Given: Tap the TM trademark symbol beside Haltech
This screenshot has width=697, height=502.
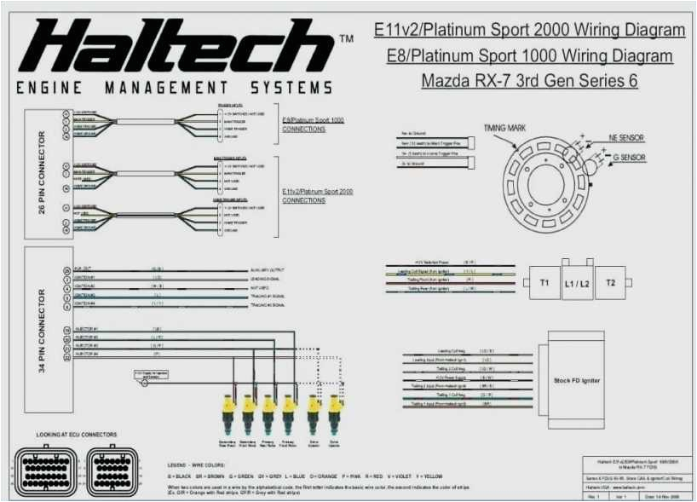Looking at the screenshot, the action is point(346,39).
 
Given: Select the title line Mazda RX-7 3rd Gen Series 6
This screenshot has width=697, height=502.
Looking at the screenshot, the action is point(529,82).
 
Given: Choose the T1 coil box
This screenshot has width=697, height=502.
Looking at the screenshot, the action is point(544,282).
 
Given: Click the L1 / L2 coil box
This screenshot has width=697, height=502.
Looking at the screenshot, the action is point(577,282).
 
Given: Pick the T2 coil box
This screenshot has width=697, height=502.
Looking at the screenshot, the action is point(610,282).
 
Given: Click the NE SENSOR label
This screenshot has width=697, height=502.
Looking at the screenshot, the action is point(626,137).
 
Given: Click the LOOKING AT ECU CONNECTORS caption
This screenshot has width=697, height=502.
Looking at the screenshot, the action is point(76,434).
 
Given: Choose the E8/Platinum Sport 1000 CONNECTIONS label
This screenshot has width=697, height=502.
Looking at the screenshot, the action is point(314,124).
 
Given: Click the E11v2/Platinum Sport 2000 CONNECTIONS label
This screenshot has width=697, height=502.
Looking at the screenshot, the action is point(317,196).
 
